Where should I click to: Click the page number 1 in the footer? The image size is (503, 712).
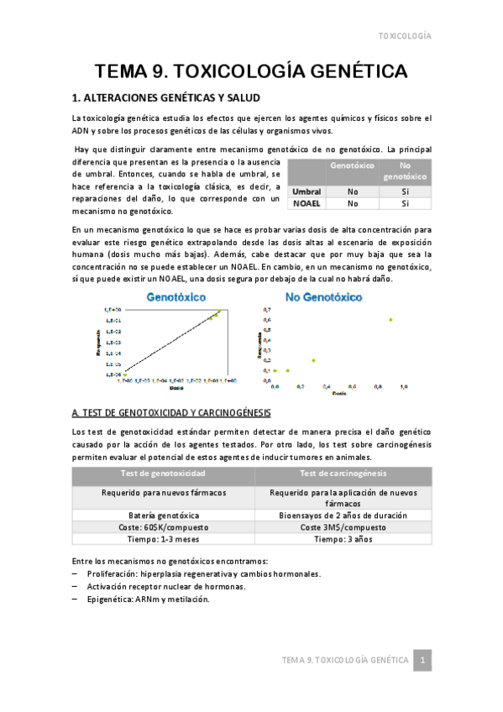424,660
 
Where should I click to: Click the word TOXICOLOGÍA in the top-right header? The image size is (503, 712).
406,37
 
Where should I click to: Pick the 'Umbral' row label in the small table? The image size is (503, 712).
307,191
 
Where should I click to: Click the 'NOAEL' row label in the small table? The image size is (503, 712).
307,203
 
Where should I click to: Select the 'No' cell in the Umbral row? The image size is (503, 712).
353,191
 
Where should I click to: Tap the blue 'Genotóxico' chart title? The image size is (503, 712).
179,296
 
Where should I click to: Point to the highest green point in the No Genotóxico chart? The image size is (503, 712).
390,319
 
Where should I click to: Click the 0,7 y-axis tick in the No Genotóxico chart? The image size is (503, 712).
268,310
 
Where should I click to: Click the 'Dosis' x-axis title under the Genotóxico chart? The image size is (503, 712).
176,389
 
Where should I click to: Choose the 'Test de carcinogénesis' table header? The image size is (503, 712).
344,474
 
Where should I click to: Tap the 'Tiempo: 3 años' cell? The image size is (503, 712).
344,539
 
